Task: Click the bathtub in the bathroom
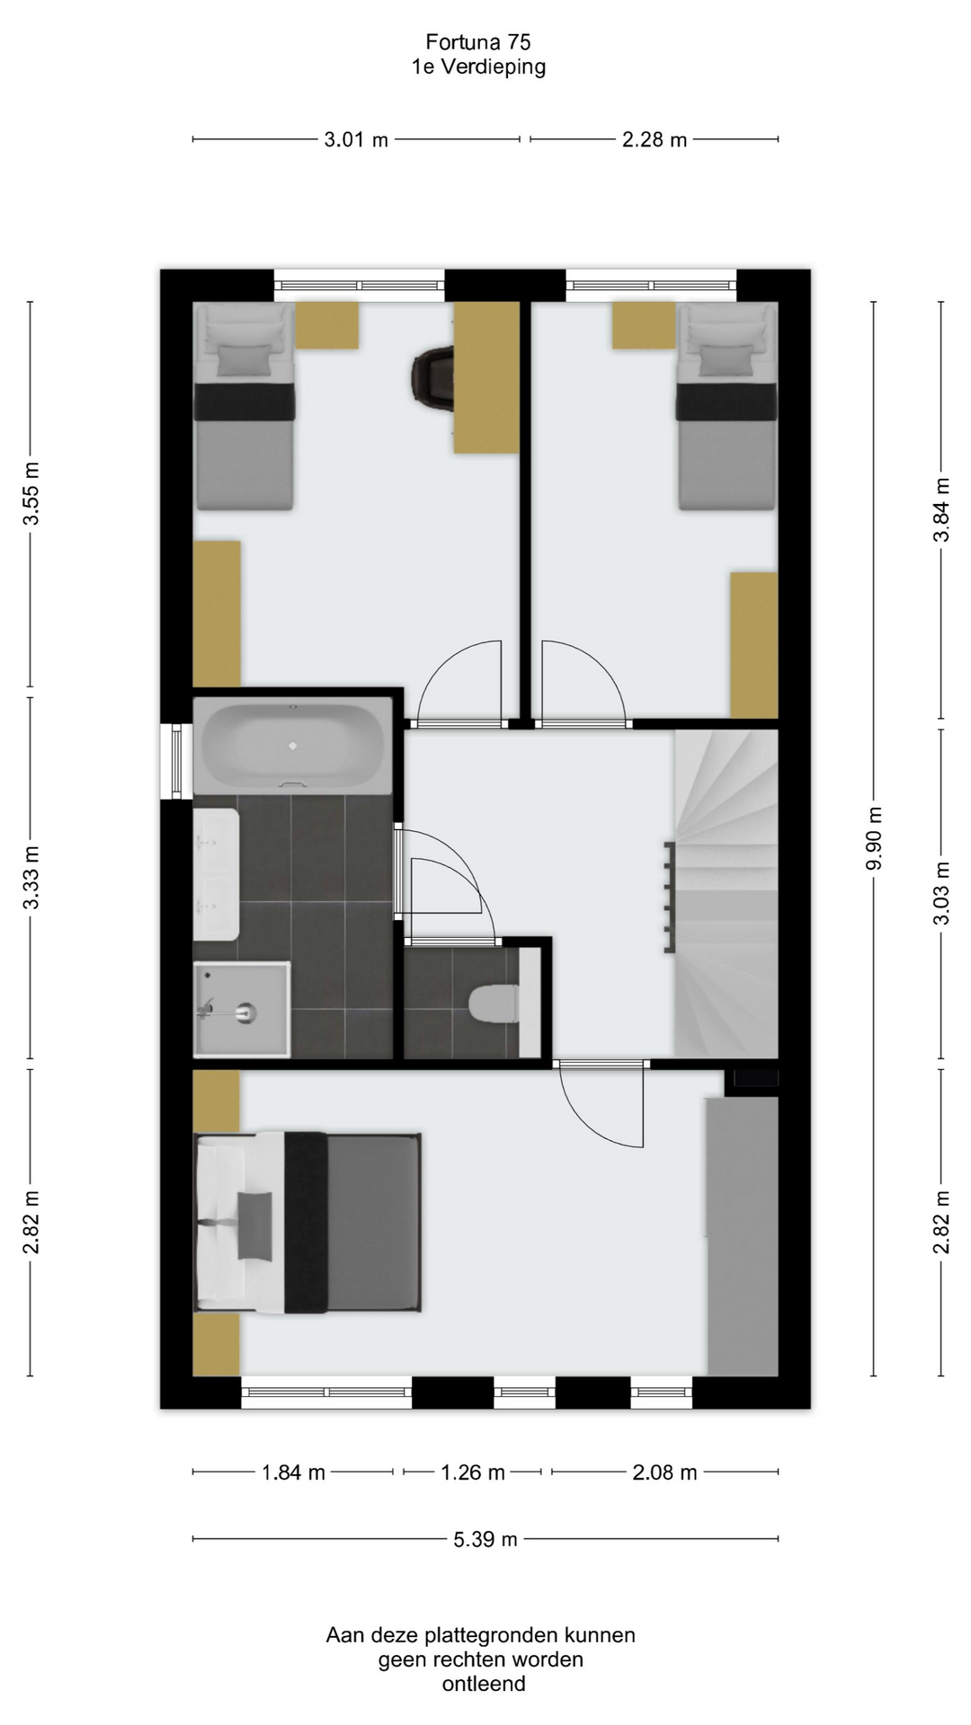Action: click(293, 746)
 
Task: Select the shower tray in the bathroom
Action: click(243, 1009)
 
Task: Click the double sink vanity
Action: click(217, 873)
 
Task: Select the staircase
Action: click(726, 893)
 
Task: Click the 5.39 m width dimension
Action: click(485, 1539)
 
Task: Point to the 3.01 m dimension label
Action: click(356, 139)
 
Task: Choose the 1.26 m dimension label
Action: click(473, 1473)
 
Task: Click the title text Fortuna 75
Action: click(478, 41)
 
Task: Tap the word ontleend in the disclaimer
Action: click(484, 1684)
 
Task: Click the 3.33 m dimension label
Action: click(31, 878)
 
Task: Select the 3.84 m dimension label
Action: click(942, 509)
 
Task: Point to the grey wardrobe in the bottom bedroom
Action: click(742, 1236)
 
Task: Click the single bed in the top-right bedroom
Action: click(726, 406)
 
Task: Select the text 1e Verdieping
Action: click(478, 66)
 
